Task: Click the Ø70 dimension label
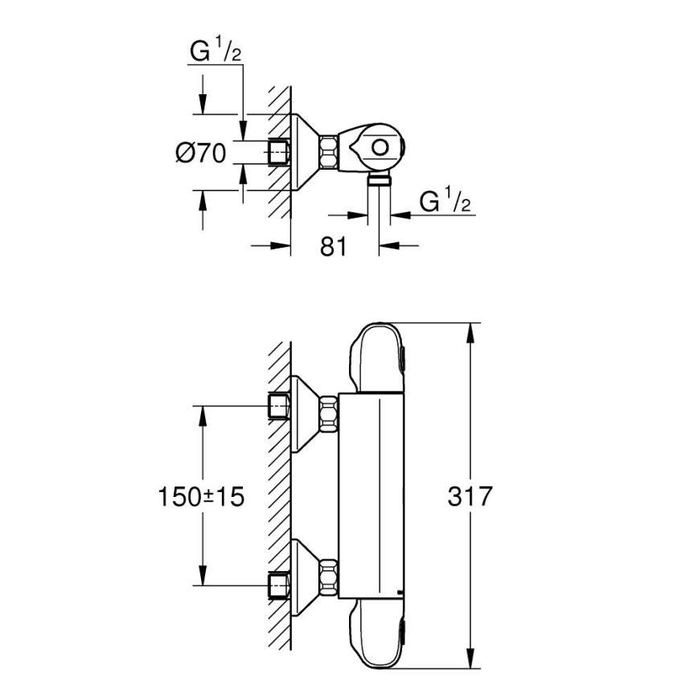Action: click(x=201, y=151)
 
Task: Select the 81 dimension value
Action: click(x=333, y=247)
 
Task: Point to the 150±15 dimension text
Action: click(x=200, y=496)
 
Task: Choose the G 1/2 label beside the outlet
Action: click(x=445, y=203)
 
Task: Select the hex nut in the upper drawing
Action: click(x=329, y=151)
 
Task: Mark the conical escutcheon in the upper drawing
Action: click(x=305, y=151)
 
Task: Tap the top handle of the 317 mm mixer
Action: click(x=377, y=358)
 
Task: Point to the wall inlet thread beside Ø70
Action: click(x=279, y=151)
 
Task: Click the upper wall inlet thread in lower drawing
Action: click(x=279, y=407)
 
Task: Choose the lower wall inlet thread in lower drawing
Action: click(x=279, y=585)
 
